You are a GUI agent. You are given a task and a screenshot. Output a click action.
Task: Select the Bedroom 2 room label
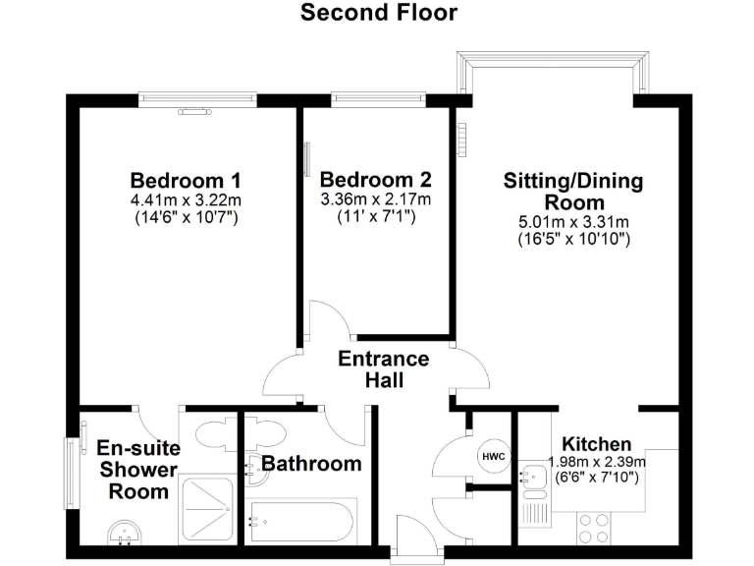click(x=376, y=181)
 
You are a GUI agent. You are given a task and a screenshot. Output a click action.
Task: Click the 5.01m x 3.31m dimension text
click(x=573, y=221)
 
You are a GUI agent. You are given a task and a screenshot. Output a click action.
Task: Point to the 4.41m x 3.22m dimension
click(x=186, y=199)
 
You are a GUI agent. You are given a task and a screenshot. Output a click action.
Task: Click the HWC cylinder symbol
click(x=493, y=456)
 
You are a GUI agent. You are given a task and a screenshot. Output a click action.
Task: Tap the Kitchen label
click(x=598, y=444)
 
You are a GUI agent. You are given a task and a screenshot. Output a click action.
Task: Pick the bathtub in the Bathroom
click(x=301, y=522)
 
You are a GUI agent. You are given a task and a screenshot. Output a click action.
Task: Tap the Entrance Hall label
click(x=384, y=369)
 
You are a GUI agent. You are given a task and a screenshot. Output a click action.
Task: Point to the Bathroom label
click(x=311, y=464)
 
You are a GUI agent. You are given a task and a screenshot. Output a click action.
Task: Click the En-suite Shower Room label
click(x=132, y=471)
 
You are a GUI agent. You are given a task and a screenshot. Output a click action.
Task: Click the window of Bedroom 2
click(x=378, y=97)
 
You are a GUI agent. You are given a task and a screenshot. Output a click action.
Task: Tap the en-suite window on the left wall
click(x=70, y=474)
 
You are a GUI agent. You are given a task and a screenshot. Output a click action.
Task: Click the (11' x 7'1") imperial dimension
click(x=376, y=216)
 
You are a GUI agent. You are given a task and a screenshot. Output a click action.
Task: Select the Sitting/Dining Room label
click(x=573, y=191)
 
